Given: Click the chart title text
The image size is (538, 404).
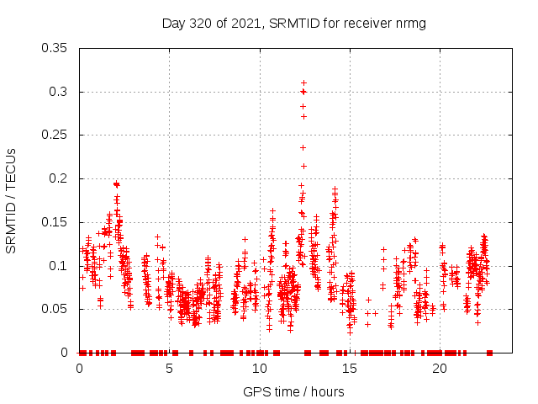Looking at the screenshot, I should point(293,24).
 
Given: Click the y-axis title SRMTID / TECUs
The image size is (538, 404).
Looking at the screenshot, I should point(12,200).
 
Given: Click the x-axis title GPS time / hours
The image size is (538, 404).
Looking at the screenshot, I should point(293,391).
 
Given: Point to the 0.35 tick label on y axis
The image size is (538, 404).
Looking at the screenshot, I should point(55,48).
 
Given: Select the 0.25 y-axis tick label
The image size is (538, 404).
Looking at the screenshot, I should point(55,135).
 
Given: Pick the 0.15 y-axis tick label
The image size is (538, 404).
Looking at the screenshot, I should point(55,222).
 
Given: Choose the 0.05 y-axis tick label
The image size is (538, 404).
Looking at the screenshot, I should point(55,309).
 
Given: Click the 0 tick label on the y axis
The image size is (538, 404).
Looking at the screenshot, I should point(66,353).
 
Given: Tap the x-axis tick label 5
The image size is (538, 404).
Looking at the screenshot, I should point(169,369).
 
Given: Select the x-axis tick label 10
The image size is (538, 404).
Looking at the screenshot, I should point(259,369).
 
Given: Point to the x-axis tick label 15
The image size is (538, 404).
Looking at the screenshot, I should point(349,369).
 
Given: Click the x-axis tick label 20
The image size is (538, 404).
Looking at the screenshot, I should point(439,369).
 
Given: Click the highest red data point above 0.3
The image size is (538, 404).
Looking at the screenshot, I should point(303,82).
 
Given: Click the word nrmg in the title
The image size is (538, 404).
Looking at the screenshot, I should point(411,24).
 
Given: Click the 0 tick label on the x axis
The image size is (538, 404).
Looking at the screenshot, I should point(79,369).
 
